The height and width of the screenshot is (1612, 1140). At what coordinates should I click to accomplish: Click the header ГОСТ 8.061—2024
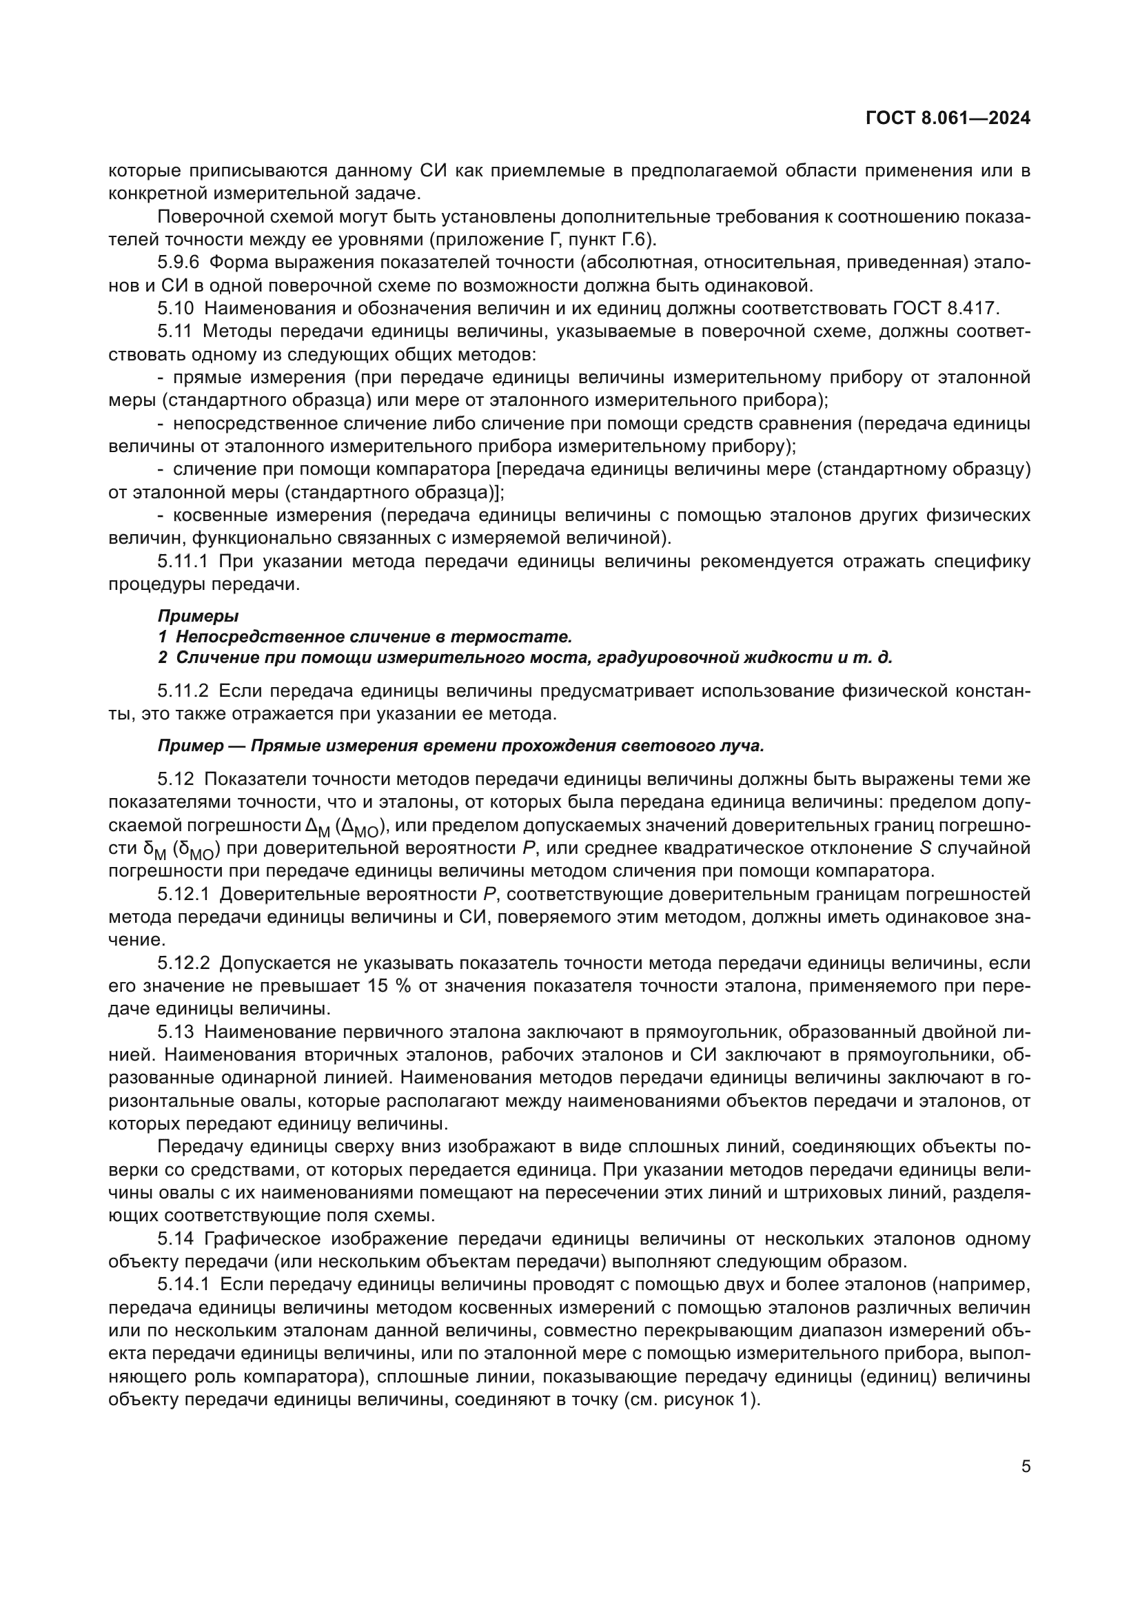[x=948, y=118]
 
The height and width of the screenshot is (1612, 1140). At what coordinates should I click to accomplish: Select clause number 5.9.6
[x=179, y=263]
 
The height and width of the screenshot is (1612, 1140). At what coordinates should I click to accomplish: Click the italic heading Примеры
[x=198, y=615]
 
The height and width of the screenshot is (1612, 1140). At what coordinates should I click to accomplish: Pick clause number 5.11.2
[x=183, y=691]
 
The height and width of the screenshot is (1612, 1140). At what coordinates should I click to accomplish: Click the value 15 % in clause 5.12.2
[x=388, y=986]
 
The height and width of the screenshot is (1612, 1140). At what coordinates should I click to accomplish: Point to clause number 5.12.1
[x=183, y=895]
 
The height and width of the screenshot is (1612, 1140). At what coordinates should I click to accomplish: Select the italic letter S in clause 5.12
[x=924, y=848]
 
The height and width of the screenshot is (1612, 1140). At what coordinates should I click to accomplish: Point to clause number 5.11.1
[x=183, y=561]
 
